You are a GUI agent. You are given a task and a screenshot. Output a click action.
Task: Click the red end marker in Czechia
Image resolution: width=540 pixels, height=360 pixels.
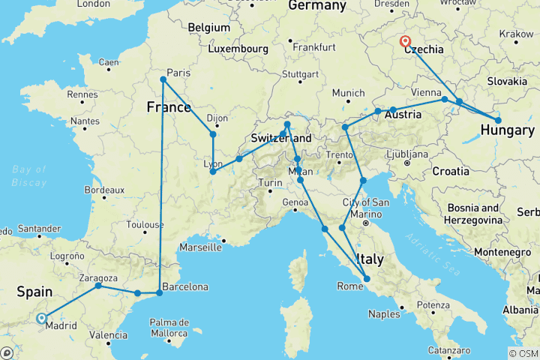tap(406, 42)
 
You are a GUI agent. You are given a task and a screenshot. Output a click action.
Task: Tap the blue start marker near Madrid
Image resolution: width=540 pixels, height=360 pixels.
tap(41, 318)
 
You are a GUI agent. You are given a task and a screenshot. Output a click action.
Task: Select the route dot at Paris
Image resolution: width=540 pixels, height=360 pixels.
tap(163, 79)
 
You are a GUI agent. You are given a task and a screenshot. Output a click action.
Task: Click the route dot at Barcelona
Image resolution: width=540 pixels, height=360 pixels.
tap(159, 292)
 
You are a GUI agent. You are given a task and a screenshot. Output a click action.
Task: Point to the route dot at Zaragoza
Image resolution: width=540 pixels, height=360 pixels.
tap(98, 286)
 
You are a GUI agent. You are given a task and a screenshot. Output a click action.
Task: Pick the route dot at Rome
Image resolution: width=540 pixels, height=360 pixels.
tap(367, 280)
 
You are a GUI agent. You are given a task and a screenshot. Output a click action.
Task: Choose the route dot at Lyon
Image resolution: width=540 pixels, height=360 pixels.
tap(214, 172)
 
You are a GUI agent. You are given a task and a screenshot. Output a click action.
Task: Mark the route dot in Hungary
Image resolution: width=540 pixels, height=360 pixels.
tap(498, 120)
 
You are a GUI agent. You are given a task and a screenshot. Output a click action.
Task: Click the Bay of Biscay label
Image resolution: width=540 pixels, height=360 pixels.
tap(29, 175)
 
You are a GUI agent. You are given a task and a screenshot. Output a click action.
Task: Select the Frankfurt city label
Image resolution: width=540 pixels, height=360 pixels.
tap(313, 46)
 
